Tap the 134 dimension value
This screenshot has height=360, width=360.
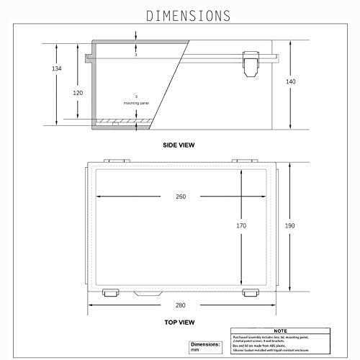(x=58, y=68)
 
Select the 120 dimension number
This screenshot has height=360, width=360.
(x=78, y=94)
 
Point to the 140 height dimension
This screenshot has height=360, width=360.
(x=290, y=82)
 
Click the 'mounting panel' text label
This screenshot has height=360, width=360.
(x=137, y=103)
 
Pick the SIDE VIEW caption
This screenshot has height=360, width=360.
(x=179, y=145)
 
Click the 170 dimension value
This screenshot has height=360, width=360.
(x=241, y=226)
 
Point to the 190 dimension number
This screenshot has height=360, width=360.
(x=289, y=226)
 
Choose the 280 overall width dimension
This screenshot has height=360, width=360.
(x=180, y=306)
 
